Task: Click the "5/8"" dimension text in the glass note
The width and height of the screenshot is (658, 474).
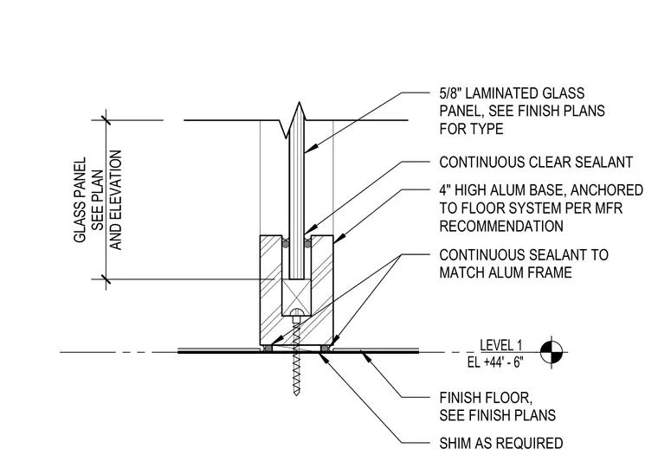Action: (450, 93)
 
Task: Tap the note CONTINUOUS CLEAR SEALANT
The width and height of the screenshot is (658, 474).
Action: (536, 163)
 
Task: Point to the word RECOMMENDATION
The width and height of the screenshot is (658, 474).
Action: (501, 227)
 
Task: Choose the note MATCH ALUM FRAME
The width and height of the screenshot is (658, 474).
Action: (506, 272)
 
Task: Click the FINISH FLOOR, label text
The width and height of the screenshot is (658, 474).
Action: (486, 398)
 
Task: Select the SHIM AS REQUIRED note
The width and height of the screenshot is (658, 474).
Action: (501, 444)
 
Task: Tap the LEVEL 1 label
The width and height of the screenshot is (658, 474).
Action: (501, 345)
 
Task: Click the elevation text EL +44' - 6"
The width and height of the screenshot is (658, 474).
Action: (495, 362)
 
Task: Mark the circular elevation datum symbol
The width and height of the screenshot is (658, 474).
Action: (551, 352)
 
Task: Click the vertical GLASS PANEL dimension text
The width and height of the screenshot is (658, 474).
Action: (80, 200)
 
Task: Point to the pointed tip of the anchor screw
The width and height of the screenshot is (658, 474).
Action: (297, 394)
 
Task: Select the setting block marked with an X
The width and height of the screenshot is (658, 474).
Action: (297, 298)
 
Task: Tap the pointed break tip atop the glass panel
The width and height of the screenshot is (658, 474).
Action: (300, 103)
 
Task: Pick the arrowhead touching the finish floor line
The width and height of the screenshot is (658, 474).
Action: (366, 357)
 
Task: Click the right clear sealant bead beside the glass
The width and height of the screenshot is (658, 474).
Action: (307, 243)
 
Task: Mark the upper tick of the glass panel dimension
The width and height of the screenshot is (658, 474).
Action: (106, 120)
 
